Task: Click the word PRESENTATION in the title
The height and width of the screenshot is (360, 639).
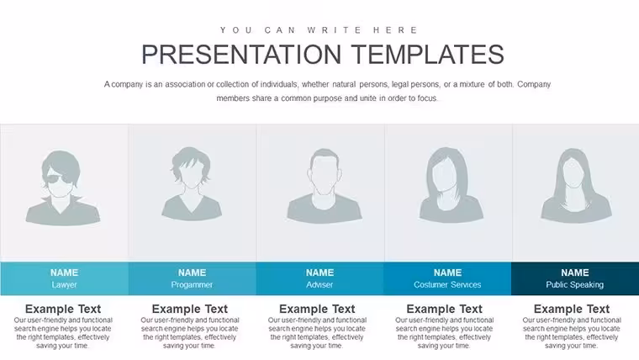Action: coord(241,54)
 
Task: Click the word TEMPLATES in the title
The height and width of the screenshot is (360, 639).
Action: coord(427,54)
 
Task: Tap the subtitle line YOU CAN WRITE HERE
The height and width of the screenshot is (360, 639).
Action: coord(319,30)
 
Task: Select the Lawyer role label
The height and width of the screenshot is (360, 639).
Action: coord(65,284)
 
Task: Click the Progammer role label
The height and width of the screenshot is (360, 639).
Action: coord(192,284)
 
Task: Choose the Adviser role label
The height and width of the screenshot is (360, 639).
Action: coord(319,284)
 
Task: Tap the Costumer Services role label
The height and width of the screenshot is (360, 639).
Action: coord(447,284)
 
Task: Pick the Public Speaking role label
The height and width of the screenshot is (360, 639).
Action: coord(574,284)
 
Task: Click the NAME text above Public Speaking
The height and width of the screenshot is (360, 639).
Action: coord(574,273)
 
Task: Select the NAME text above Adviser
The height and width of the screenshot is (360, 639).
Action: coord(319,273)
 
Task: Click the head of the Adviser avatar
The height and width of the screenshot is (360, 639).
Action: coord(324,172)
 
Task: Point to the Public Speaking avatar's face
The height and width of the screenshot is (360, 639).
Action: coord(574,174)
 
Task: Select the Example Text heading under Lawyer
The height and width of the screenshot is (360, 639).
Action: coord(63,309)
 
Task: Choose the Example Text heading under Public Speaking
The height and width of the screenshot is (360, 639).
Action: coord(572,309)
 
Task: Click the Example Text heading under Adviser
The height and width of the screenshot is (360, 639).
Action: coord(317,309)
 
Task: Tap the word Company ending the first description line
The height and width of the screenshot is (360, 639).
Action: coord(534,84)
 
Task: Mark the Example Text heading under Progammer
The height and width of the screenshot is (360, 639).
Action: coord(190,309)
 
